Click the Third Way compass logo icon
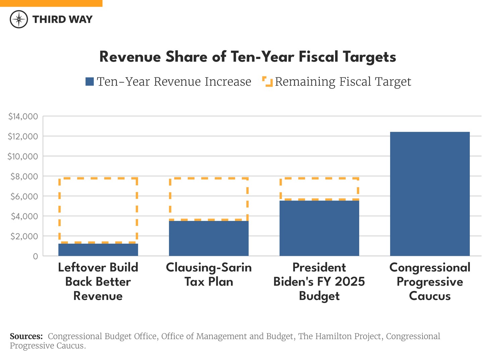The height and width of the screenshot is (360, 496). click(19, 19)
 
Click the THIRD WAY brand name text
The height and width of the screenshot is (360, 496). click(62, 19)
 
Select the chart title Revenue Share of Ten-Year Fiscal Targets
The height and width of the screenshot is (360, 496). click(248, 57)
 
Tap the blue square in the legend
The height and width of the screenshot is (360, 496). click(89, 81)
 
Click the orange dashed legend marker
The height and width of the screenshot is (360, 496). click(267, 81)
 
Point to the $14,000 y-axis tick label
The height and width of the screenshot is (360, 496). click(23, 117)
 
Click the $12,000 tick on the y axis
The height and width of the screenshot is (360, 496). click(23, 136)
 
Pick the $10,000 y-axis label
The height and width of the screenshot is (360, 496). click(23, 157)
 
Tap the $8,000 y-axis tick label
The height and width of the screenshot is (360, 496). click(24, 176)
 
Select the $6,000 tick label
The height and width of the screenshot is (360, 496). click(24, 196)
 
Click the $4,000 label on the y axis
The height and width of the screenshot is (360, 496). click(24, 216)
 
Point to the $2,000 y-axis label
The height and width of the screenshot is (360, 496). click(24, 236)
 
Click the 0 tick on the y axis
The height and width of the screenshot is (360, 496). click(35, 256)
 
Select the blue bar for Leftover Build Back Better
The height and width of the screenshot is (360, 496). click(98, 250)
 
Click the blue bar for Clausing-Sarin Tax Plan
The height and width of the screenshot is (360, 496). click(209, 238)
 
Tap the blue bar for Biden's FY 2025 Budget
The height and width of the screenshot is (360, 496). click(319, 228)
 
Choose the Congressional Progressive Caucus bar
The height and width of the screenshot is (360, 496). click(430, 194)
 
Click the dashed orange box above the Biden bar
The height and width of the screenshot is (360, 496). click(319, 189)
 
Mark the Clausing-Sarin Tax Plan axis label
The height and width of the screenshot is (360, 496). click(209, 275)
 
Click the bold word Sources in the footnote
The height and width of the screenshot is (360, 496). click(26, 336)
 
